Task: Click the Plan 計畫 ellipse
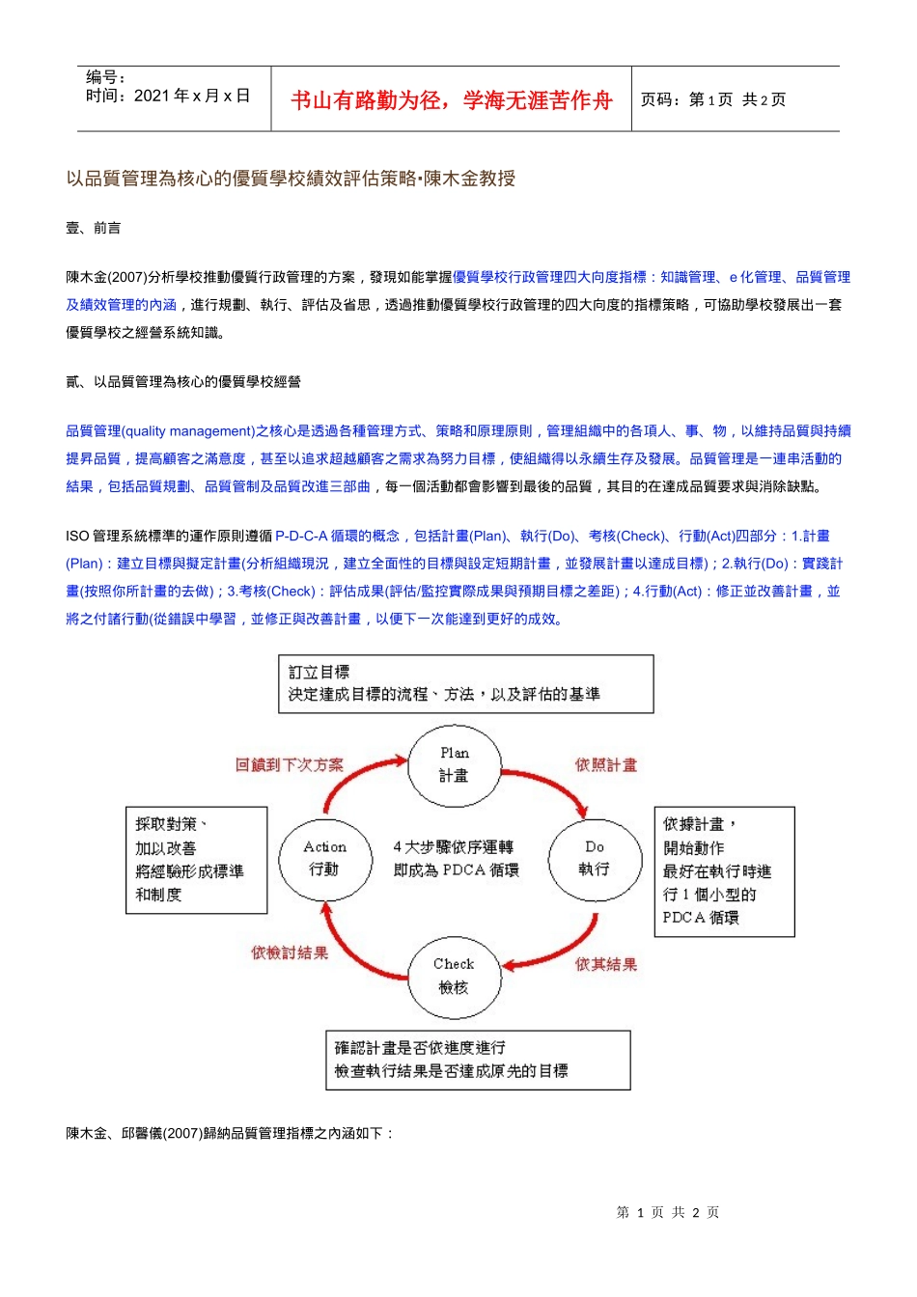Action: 455,764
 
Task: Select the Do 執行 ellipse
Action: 595,858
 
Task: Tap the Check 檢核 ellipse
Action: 454,975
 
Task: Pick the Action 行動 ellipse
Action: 324,858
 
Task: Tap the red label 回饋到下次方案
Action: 290,764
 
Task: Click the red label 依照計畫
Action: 606,764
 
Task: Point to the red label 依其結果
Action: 606,964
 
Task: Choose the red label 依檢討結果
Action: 290,952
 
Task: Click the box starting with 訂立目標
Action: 466,684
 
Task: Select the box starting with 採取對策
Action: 197,860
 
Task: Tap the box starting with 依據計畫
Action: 724,871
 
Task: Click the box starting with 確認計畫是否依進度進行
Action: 478,1060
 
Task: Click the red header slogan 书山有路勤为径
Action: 452,100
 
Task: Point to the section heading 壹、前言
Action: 94,228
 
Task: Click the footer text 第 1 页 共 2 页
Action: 668,1212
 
